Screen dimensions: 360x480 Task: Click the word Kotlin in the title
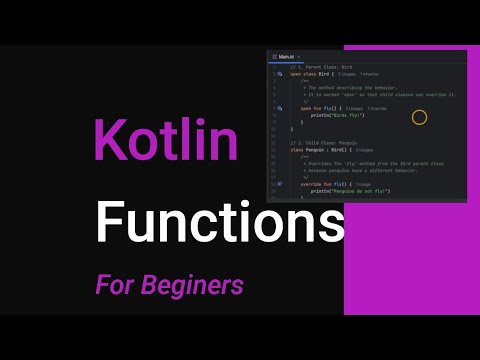pos(166,140)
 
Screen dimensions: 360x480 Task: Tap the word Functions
pos(212,221)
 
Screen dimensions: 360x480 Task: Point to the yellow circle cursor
pos(419,117)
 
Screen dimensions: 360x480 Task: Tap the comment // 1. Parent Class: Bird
pos(323,66)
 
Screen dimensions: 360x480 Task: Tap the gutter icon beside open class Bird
pos(280,74)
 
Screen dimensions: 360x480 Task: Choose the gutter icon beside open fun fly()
pos(280,108)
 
